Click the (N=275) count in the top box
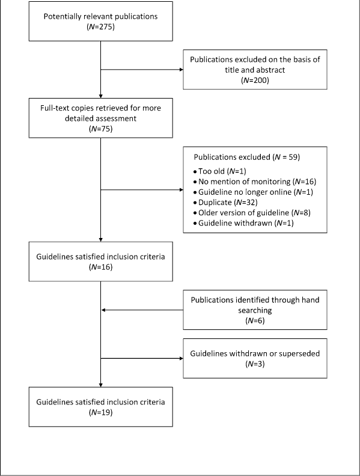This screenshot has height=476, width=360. pos(100,27)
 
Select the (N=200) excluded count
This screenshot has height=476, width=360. pos(255,81)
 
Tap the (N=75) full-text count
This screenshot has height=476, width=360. pos(100,129)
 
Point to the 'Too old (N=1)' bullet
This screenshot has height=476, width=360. pos(220,171)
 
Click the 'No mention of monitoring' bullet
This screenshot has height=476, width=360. pos(255,182)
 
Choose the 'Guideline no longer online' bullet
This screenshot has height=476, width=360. pos(253,192)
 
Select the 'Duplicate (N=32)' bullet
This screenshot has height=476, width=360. pos(225,202)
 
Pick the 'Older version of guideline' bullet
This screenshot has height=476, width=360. pos(252,213)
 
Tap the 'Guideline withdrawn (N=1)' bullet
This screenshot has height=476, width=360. pos(243,223)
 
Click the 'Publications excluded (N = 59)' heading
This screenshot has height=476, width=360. pos(247,157)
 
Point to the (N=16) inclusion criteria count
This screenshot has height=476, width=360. pos(100,267)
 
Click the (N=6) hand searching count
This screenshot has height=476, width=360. pos(255,320)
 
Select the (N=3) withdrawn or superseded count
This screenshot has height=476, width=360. pos(255,364)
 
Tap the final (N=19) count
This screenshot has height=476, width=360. pos(100,412)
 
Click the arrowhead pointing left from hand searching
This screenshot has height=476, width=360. pos(103,310)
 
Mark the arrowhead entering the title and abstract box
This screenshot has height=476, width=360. pos(182,70)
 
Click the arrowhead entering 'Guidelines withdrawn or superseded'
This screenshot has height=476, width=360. pos(182,359)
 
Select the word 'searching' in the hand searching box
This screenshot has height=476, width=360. pos(255,311)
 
